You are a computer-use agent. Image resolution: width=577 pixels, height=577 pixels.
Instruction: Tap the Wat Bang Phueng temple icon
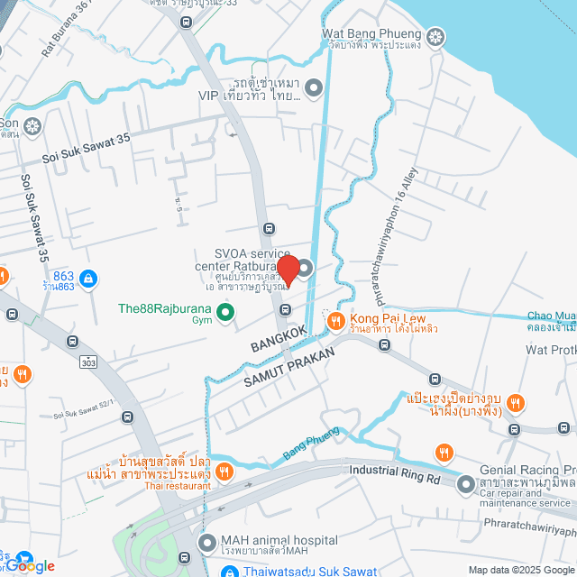point(435,37)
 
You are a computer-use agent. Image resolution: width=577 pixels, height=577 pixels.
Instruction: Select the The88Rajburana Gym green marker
point(225,314)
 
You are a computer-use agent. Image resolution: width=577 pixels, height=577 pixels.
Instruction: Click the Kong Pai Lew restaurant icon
point(335,320)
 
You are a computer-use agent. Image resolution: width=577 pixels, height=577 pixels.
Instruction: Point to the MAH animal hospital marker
point(206,543)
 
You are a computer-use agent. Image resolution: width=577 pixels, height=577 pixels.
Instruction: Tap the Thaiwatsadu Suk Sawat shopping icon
point(230,571)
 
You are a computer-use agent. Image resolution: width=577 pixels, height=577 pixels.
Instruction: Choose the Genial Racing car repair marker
point(466,484)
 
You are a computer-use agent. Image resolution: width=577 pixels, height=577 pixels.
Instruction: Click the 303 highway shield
point(87,362)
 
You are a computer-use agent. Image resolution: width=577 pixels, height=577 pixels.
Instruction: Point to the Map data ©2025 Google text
point(520,570)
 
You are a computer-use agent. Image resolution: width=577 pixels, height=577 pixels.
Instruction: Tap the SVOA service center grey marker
point(305,269)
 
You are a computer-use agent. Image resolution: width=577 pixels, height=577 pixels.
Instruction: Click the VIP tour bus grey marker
point(314,87)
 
